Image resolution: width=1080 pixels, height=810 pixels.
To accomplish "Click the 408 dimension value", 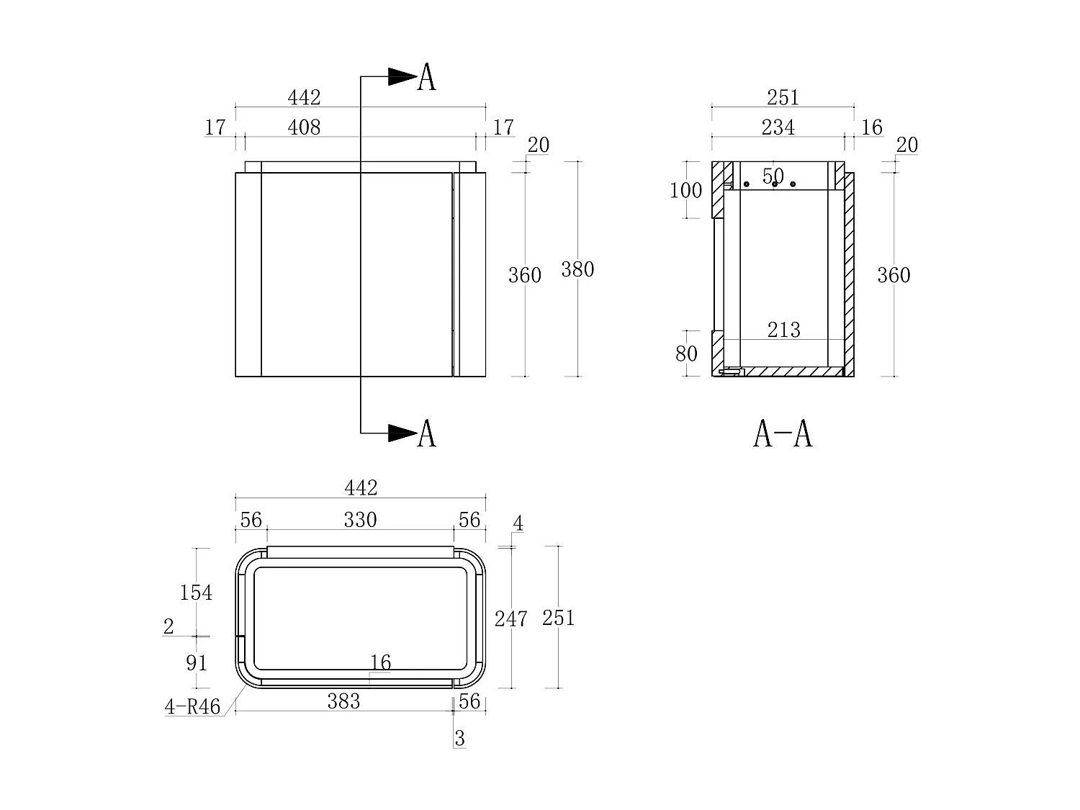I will coord(304,127).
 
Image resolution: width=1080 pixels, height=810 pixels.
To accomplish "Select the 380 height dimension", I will coord(577,269).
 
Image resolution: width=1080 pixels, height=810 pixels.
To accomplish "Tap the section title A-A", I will coord(783,433).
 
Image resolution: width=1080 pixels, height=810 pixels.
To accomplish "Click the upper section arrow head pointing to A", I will coord(402,76).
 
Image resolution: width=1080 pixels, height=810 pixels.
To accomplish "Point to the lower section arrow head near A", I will coord(402,433).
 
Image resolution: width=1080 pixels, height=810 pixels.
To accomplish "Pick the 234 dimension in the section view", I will coord(778,127).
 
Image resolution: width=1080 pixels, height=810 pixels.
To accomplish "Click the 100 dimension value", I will coord(685,191).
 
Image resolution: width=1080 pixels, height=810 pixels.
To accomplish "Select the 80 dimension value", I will coord(686,354).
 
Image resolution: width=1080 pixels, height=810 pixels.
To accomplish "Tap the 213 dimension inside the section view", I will coord(783,330).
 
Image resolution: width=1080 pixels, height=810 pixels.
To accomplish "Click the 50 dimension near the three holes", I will coord(773,176).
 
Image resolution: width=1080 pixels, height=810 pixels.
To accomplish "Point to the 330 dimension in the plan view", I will coord(360,520).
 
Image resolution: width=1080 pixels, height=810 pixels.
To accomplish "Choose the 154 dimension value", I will coord(196,593).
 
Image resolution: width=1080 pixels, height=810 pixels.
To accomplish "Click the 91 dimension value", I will coord(197,663).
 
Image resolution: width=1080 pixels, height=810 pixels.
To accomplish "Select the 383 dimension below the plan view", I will coord(343,701).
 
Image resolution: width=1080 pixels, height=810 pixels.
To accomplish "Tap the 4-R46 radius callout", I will coord(192,707).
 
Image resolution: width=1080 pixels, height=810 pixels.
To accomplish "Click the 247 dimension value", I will coord(510,618).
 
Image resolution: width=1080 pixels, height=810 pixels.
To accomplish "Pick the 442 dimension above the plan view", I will coord(361,488).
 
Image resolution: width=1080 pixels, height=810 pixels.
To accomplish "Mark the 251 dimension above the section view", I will coord(783,97).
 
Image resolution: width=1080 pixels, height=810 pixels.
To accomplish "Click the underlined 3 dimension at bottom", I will coord(460,739).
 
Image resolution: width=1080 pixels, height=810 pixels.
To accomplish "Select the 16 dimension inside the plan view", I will coord(380,662).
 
